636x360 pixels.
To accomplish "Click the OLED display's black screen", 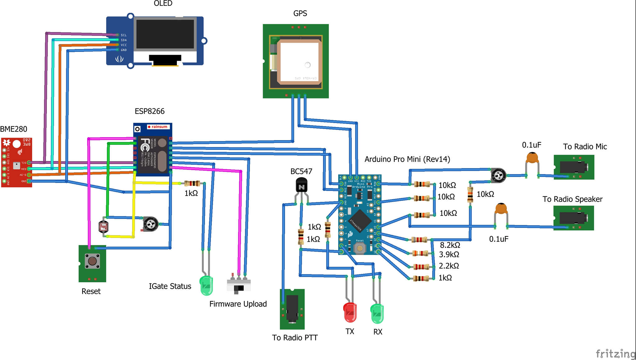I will click(165, 34).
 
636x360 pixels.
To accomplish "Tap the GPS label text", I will click(300, 13).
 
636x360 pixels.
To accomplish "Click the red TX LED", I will click(350, 312).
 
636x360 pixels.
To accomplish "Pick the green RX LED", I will click(377, 314).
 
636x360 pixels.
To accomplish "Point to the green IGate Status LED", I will click(206, 285).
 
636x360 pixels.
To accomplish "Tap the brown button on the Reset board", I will click(92, 261).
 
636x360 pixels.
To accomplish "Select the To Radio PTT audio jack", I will click(292, 309).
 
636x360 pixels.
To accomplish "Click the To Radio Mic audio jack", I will click(574, 167).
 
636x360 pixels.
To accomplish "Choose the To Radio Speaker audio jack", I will click(574, 218).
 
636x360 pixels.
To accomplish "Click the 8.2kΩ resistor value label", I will click(450, 245).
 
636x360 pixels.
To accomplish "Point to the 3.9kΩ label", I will click(449, 255).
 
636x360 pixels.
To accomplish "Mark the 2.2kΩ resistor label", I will click(449, 266).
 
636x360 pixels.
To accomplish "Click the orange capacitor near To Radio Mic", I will click(532, 158).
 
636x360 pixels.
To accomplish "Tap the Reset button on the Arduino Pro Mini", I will click(360, 248).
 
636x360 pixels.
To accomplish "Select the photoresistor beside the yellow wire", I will click(103, 227).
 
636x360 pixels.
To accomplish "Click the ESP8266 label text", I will click(149, 111).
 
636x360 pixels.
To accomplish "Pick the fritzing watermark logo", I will click(615, 354).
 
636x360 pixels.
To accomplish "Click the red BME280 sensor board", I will click(16, 162).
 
